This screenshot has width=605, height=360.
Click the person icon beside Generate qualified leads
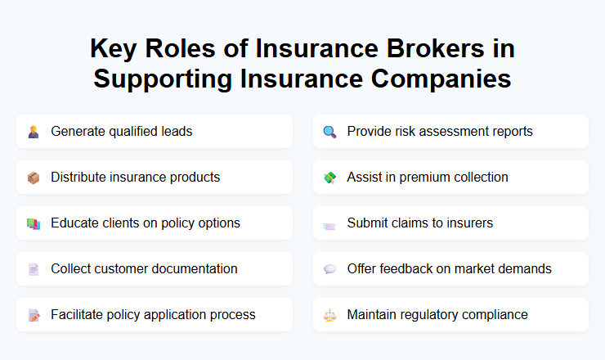[x=34, y=132]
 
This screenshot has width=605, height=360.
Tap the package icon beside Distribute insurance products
[x=34, y=178]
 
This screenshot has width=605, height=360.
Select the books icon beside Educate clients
[x=34, y=223]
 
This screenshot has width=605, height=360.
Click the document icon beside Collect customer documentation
[x=34, y=269]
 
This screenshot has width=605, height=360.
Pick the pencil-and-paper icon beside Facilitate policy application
[x=34, y=315]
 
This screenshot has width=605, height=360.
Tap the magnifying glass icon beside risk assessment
[x=329, y=132]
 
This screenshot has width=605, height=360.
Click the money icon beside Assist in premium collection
[x=329, y=178]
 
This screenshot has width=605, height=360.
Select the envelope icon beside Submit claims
[x=329, y=224]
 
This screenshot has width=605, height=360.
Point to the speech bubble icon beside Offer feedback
[x=329, y=269]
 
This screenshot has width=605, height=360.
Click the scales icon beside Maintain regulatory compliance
[x=329, y=315]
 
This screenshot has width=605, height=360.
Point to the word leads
[x=177, y=131]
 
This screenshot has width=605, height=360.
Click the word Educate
[x=74, y=223]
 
